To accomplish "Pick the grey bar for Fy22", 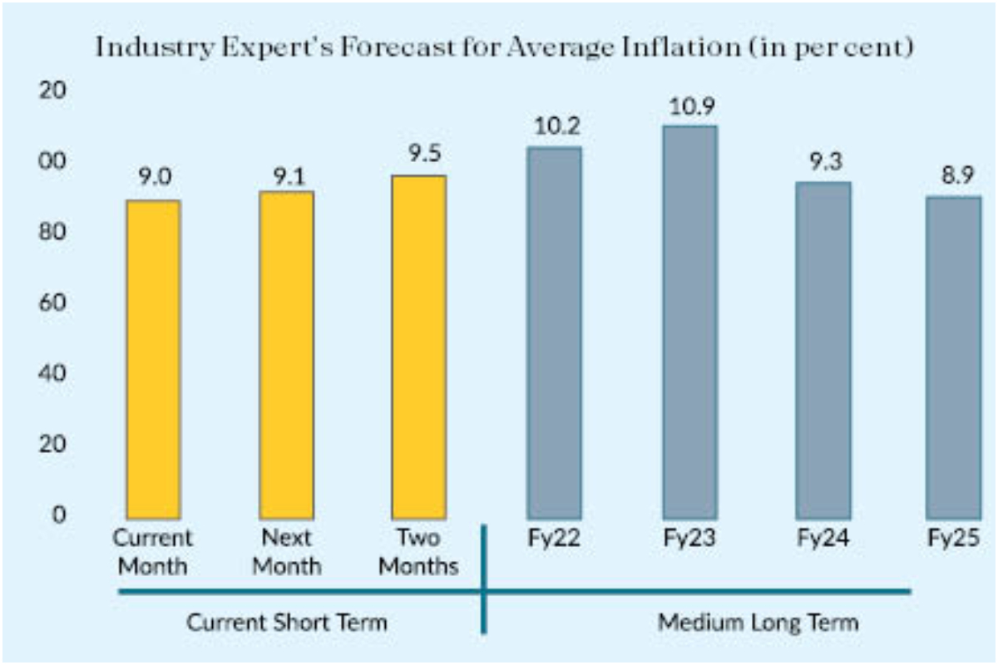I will point(554,332).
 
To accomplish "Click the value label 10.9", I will point(689,106).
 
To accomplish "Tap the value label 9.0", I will point(153,177).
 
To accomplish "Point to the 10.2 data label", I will point(554,127).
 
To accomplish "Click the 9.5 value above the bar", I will point(419,155).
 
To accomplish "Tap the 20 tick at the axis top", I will point(55,91).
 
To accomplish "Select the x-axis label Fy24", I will point(823,538).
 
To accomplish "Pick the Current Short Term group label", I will point(287,622).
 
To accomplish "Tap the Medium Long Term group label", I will point(758,622).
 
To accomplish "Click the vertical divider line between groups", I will point(485,582).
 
